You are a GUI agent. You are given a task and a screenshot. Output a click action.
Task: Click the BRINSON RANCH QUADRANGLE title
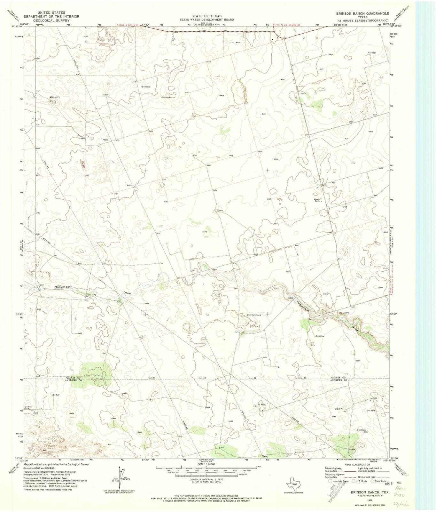[x=362, y=13]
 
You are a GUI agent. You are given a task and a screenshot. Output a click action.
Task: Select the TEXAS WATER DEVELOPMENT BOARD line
[x=209, y=20]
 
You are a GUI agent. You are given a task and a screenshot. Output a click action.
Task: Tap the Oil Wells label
[x=261, y=404]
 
